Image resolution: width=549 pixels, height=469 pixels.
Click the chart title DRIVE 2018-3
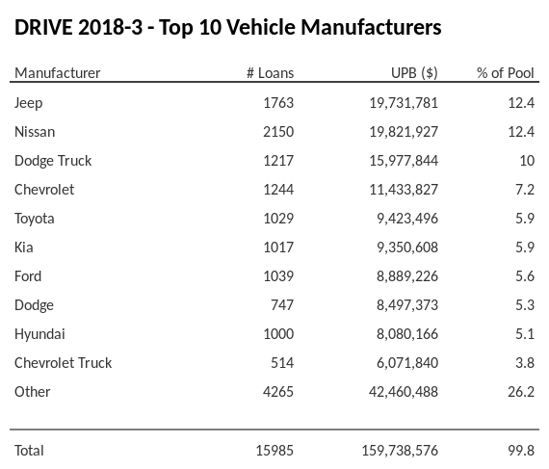tap(227, 27)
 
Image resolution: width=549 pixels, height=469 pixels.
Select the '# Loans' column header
tap(270, 73)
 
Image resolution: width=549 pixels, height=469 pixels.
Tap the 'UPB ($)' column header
tap(415, 73)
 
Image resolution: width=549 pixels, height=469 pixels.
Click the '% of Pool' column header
tap(506, 73)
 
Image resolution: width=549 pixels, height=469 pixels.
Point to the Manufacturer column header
tap(57, 73)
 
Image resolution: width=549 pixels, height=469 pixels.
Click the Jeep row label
tap(29, 102)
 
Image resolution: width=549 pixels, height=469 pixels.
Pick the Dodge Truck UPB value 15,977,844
tap(400, 160)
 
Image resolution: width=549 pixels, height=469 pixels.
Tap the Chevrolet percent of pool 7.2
tap(524, 189)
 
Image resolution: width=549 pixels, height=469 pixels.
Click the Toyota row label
tap(35, 218)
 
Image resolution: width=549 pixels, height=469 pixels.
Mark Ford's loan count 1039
tap(277, 275)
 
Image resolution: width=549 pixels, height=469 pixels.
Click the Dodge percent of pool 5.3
tap(524, 304)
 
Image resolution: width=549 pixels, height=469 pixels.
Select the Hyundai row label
tap(39, 333)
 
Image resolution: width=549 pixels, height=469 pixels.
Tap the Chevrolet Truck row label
tap(63, 362)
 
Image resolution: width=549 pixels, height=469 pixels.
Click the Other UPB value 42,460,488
tap(400, 391)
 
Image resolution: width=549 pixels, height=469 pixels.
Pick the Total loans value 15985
tap(274, 450)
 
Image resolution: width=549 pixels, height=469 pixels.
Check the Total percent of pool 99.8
tap(520, 450)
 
